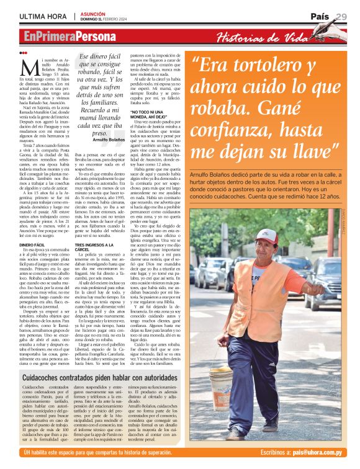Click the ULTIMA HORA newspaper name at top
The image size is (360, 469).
tap(43, 16)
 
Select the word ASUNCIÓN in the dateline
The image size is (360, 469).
tap(92, 12)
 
